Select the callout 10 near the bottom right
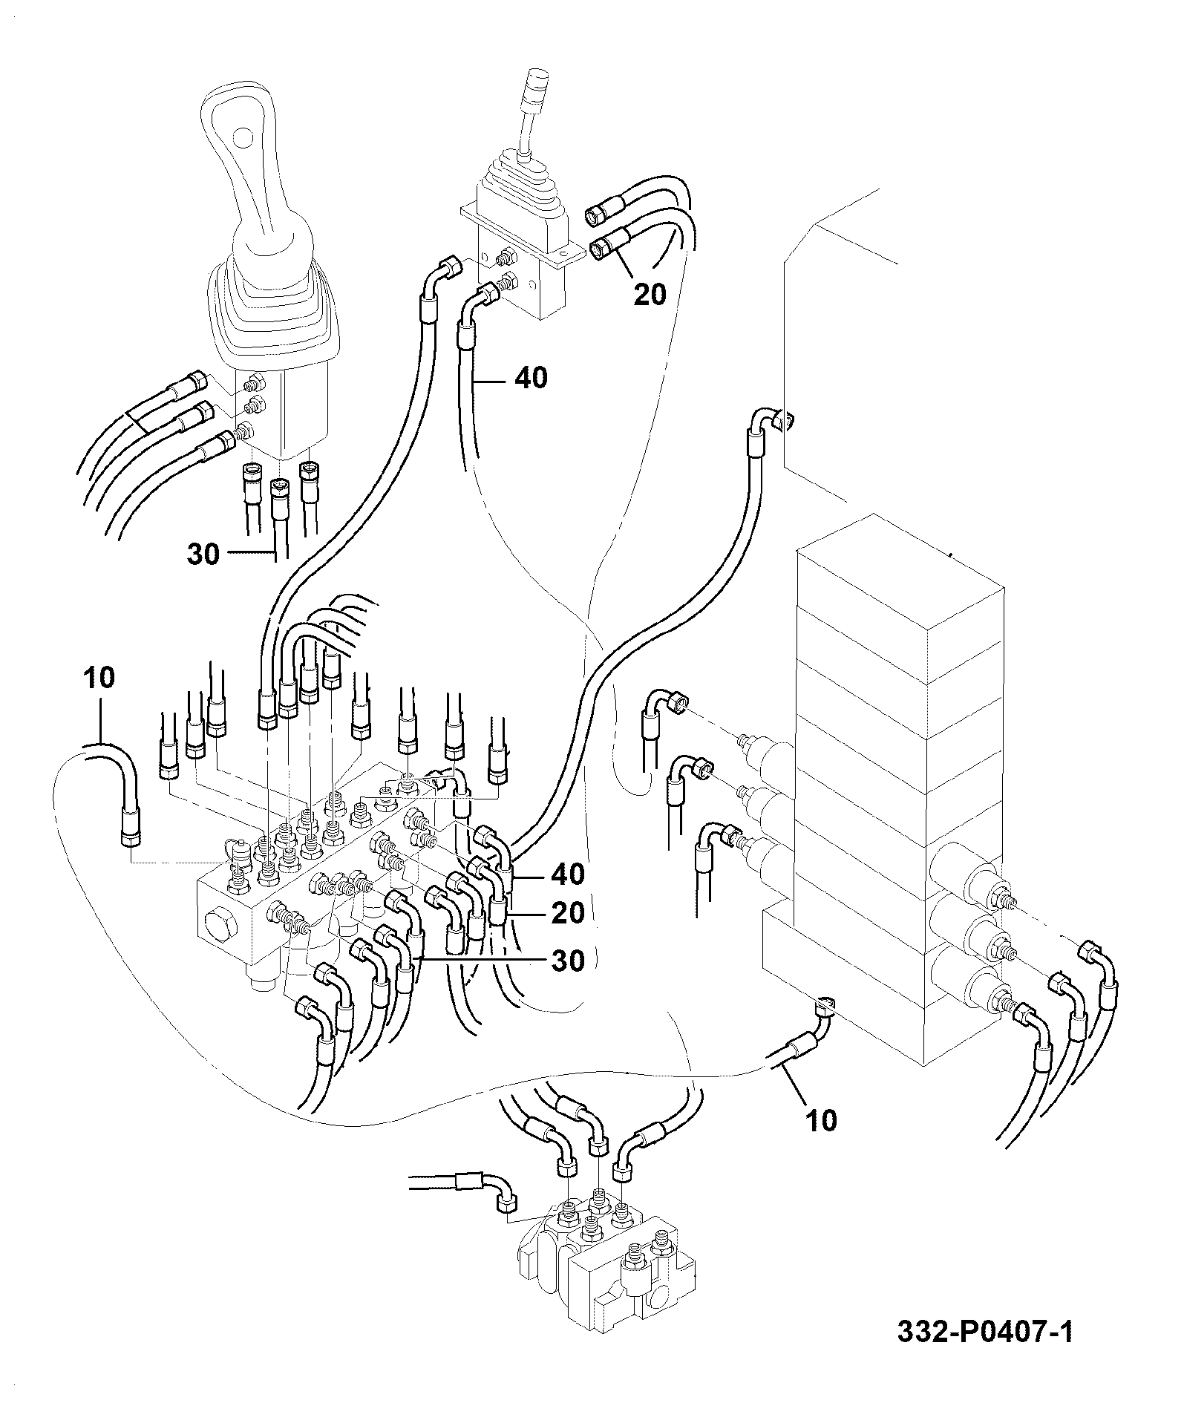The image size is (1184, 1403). click(820, 1119)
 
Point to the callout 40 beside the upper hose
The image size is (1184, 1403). click(532, 378)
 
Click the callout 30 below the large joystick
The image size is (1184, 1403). click(203, 554)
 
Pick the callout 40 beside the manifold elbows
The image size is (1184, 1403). click(568, 874)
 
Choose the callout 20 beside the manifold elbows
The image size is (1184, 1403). click(568, 912)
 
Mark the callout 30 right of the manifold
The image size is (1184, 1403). click(568, 961)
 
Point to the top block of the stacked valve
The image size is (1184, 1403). click(900, 579)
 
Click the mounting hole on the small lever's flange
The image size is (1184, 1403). click(566, 255)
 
